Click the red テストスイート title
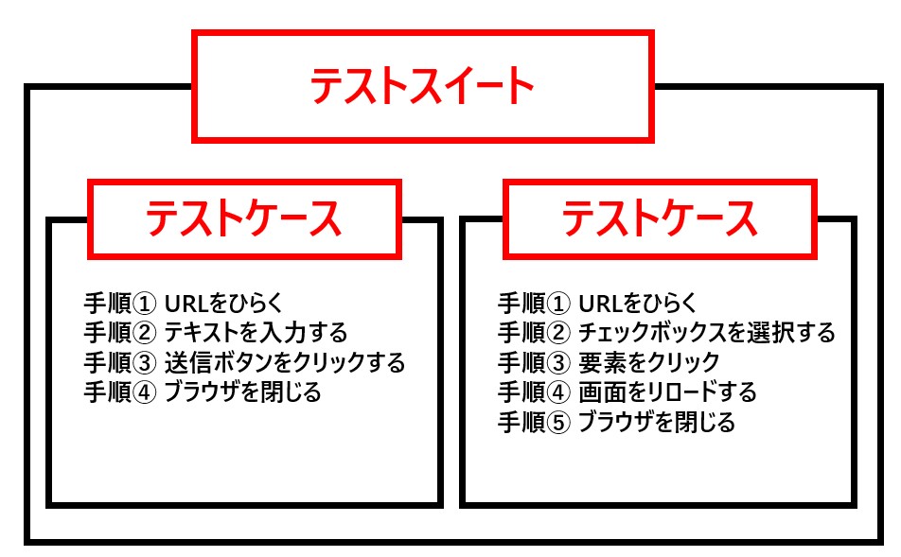tap(422, 86)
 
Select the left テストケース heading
tap(243, 219)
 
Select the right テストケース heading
tap(660, 219)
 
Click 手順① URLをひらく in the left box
tap(184, 304)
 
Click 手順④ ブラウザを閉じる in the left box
tap(203, 392)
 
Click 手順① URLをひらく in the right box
tap(597, 304)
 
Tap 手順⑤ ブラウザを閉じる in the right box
tap(616, 422)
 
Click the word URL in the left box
tap(185, 304)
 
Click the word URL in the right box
tap(599, 304)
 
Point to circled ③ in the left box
tap(147, 362)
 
